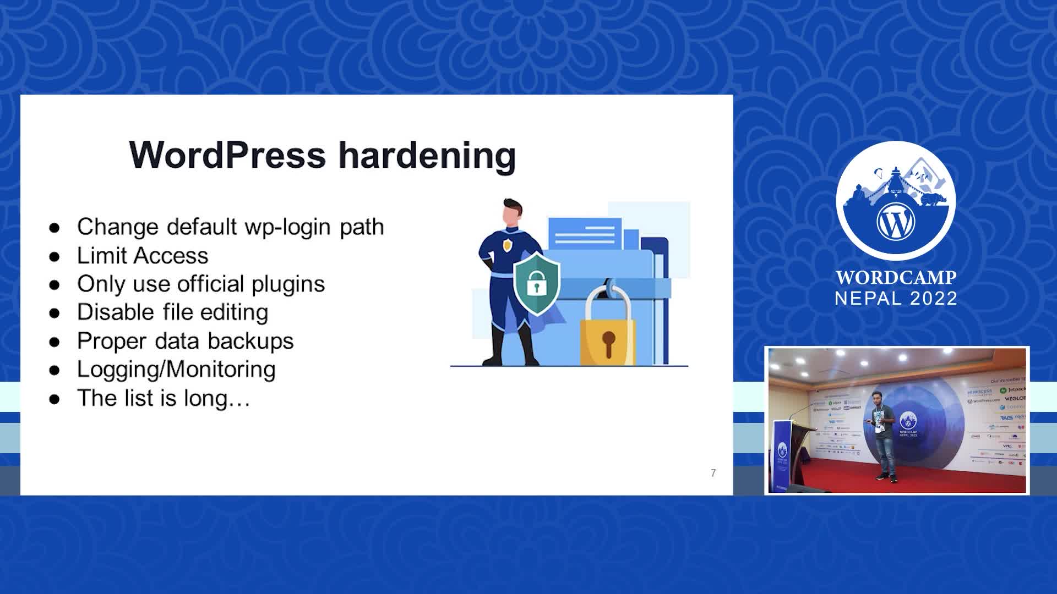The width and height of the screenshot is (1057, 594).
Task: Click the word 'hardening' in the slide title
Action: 427,155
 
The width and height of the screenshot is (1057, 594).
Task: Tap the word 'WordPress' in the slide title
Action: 227,155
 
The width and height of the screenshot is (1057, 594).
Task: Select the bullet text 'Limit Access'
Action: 143,256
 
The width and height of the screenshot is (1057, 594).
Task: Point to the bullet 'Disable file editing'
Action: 172,312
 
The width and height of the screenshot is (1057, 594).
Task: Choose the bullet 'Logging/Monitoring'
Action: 176,369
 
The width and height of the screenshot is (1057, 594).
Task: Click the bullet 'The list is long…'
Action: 164,398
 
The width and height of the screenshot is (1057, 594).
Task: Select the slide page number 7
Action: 713,473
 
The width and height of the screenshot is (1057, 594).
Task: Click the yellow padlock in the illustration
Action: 608,333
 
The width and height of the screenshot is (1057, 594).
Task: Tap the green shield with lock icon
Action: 536,283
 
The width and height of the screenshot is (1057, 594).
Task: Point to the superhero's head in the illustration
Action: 512,212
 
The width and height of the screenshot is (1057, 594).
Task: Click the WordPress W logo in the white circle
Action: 895,221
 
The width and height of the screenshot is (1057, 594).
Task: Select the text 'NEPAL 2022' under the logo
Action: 896,298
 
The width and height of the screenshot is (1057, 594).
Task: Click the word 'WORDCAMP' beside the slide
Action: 896,277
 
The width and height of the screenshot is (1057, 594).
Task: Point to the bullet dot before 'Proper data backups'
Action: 54,342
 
